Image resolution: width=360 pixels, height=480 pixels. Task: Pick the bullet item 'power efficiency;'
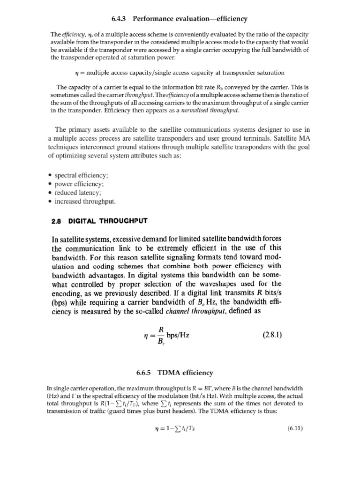78,184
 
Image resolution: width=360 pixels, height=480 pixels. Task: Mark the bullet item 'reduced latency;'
78,193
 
